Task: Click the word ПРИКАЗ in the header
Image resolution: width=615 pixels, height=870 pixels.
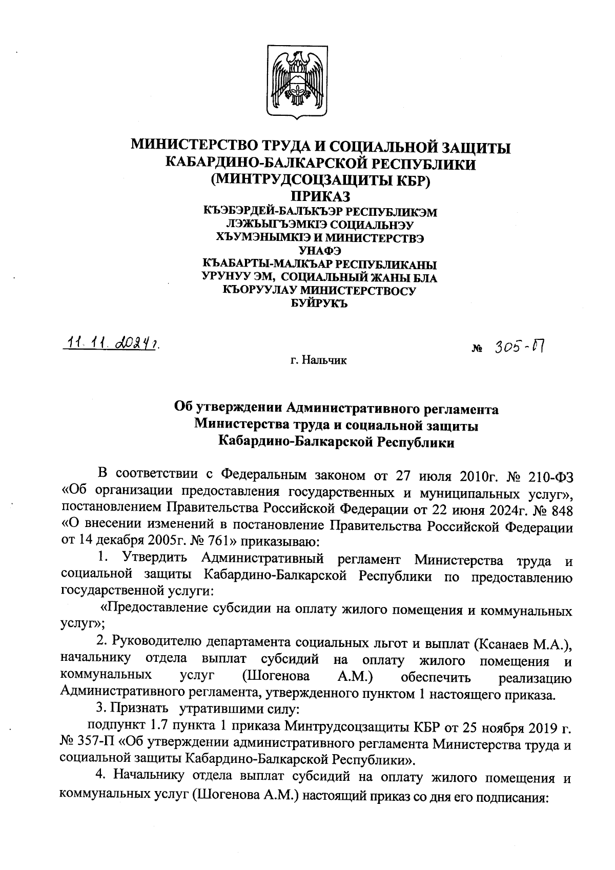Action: coord(321,197)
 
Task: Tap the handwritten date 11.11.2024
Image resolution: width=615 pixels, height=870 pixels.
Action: coord(112,343)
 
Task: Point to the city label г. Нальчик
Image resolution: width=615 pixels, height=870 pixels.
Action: coord(318,360)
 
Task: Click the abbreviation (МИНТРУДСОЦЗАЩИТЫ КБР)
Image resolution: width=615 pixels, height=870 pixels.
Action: coord(321,180)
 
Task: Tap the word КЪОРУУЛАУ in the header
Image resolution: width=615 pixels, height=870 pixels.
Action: coord(258,291)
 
